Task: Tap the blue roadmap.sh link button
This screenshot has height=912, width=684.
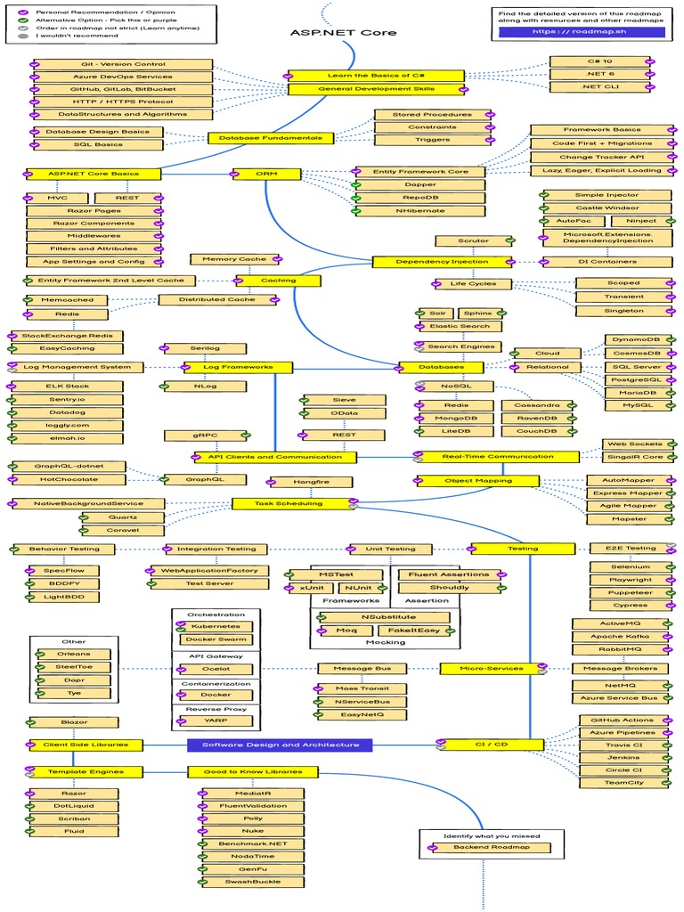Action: (x=582, y=31)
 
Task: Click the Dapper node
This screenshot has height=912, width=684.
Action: (x=418, y=184)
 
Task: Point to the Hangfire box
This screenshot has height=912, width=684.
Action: (x=311, y=482)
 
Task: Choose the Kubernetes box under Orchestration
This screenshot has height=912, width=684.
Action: (x=216, y=626)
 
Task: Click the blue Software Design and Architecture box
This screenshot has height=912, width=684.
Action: (x=281, y=745)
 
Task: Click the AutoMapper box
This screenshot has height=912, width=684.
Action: (x=627, y=480)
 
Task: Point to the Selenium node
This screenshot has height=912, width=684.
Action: (x=631, y=566)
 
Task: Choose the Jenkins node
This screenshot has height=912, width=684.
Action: (x=623, y=757)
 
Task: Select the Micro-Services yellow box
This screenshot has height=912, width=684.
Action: (x=491, y=668)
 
